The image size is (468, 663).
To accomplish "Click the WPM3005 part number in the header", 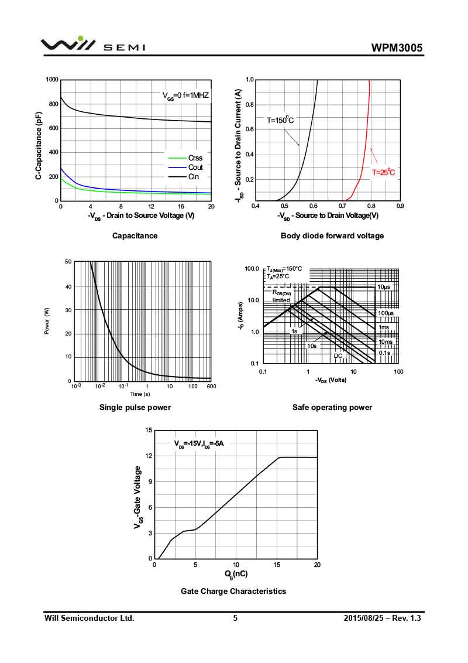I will tap(397, 47).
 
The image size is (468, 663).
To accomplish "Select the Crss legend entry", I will tap(195, 158).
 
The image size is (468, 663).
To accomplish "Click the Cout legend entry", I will tap(195, 167).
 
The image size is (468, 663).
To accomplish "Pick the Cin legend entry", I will tap(194, 176).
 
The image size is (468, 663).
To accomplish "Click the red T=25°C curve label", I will tap(384, 172).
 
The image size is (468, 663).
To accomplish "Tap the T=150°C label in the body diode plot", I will tap(280, 120).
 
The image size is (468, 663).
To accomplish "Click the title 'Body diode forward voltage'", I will tap(332, 235).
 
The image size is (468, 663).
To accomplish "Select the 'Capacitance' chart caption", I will tap(135, 235).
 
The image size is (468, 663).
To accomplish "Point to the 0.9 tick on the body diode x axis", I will tap(400, 206).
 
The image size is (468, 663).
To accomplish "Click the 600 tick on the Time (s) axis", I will tap(211, 386).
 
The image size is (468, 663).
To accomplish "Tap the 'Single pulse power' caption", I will tap(135, 407).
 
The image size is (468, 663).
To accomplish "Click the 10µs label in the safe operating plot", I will tap(384, 287).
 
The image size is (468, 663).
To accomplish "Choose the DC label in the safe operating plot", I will tap(338, 356).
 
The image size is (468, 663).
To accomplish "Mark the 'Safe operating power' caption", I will tap(332, 407).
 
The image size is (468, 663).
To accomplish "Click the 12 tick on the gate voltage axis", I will tap(149, 456).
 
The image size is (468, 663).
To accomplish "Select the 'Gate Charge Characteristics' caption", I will tap(233, 591).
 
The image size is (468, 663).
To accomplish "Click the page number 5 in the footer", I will tap(235, 618).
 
